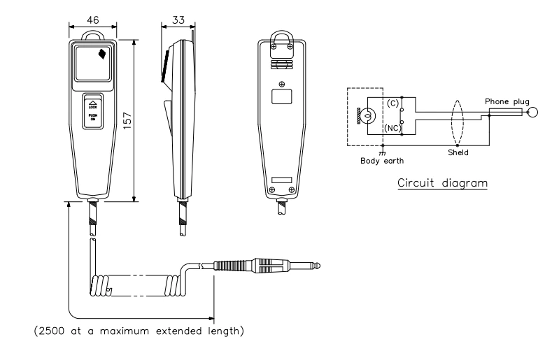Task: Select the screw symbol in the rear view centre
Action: coord(282,85)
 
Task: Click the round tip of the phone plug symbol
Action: coord(535,113)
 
